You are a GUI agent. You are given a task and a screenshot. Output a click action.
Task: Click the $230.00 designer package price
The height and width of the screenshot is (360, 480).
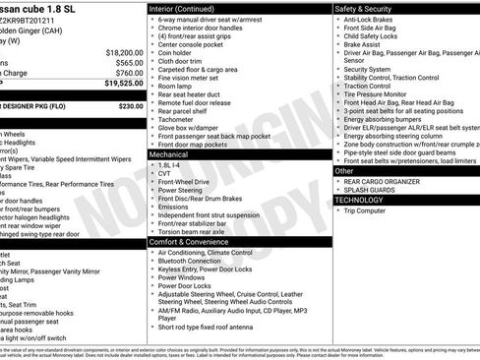pos(130,105)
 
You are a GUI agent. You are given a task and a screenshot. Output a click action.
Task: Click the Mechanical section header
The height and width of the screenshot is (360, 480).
pos(170,154)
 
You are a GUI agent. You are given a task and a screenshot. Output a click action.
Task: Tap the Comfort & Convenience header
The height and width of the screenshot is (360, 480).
pos(193,241)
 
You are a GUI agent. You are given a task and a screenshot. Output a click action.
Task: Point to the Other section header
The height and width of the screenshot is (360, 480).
pos(344,171)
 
